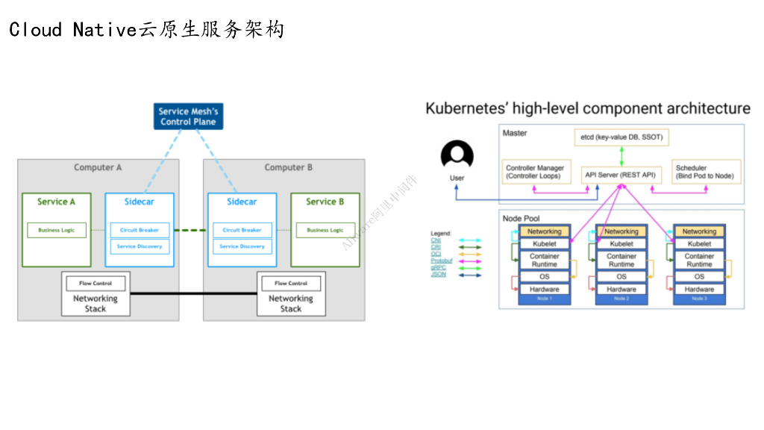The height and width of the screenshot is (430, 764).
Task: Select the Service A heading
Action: (x=57, y=202)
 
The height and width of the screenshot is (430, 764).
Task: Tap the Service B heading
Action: (x=325, y=202)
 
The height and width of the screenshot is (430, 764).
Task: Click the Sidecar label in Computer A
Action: (x=139, y=202)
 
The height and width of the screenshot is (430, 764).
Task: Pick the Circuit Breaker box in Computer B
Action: (x=242, y=230)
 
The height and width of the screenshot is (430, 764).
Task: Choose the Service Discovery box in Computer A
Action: (x=139, y=246)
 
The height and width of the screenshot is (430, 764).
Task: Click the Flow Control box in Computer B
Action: (x=290, y=284)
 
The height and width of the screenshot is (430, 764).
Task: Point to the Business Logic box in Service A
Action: (x=57, y=230)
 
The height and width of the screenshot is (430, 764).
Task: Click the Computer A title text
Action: (x=98, y=167)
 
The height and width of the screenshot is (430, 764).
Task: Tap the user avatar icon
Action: (x=457, y=155)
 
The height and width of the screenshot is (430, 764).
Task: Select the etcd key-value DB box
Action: (x=621, y=137)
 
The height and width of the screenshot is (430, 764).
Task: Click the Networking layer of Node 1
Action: (x=545, y=231)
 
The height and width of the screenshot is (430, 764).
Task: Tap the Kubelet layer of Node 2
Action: (x=621, y=243)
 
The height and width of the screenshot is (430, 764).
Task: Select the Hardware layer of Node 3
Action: (x=699, y=289)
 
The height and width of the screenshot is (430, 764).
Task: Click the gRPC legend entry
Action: (x=438, y=267)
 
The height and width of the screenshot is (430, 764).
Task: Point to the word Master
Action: (x=515, y=133)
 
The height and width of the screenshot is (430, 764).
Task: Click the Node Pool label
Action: (x=522, y=219)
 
